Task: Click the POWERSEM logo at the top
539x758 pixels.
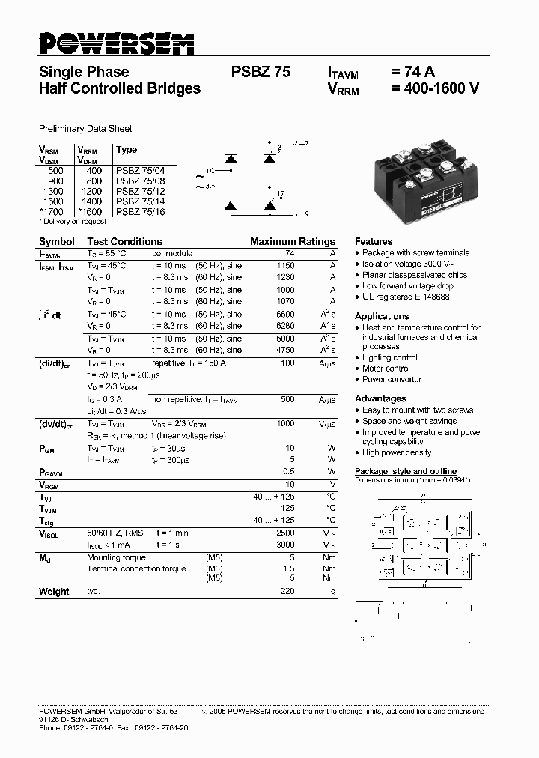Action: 116,44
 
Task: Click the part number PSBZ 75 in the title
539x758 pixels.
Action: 261,73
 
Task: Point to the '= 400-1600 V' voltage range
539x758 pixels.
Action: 435,88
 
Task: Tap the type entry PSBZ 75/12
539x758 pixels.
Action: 141,192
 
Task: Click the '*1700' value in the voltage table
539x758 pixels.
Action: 52,213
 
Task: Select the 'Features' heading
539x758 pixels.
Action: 374,242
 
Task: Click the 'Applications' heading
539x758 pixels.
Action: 382,316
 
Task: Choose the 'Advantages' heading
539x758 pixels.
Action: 380,398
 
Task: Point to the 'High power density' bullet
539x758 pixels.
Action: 397,452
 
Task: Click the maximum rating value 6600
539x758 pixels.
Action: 285,315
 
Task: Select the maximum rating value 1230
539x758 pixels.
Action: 285,278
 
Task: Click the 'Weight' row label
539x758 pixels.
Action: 54,592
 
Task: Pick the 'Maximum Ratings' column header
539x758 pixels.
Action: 293,242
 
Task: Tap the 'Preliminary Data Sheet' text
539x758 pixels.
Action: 85,129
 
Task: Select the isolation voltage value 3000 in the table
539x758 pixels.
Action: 285,545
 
